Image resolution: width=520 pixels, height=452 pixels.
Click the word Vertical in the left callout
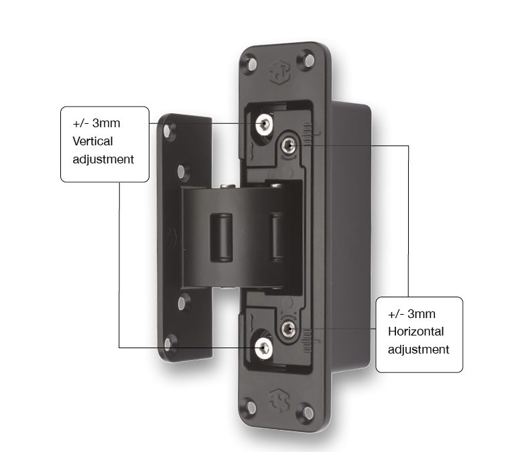92,141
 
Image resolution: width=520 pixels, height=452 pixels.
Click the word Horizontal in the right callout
416,331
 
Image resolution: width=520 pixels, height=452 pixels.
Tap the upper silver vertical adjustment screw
264,124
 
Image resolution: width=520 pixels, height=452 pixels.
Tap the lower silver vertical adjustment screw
264,348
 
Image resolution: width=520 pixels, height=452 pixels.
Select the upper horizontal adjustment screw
289,145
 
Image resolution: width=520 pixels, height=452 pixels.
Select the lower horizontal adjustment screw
289,329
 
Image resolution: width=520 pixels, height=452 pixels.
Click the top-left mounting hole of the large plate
251,64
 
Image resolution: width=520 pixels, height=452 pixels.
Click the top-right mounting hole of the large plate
309,60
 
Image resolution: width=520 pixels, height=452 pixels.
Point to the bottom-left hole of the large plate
251,407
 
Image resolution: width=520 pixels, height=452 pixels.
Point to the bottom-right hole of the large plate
308,412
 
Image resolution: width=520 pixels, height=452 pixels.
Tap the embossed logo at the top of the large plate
279,72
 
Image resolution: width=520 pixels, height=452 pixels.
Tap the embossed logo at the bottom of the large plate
279,400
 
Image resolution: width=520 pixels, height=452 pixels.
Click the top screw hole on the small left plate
168,131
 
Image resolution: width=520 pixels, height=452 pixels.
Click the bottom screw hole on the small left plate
168,344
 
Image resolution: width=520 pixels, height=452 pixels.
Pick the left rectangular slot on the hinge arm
221,238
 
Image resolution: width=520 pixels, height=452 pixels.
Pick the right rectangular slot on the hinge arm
276,236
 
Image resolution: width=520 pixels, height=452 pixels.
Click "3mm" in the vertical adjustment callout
106,123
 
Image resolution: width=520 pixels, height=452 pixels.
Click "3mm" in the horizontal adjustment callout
421,314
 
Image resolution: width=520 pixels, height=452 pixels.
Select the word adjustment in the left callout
103,160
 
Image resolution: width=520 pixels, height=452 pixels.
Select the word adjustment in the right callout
419,350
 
